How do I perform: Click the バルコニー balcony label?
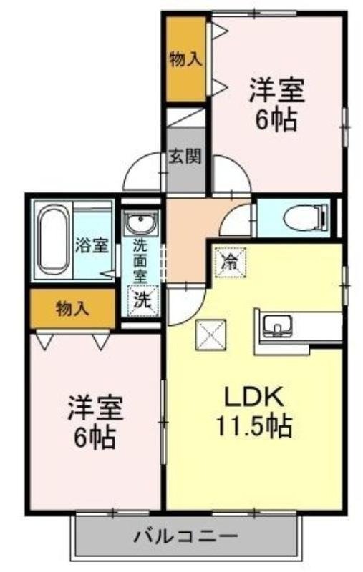pyautogui.click(x=185, y=536)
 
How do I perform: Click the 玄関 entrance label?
pyautogui.click(x=185, y=157)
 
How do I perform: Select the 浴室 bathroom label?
pyautogui.click(x=92, y=245)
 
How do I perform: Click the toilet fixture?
pyautogui.click(x=306, y=217)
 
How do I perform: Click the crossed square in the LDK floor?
pyautogui.click(x=210, y=334)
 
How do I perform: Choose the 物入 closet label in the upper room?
pyautogui.click(x=185, y=59)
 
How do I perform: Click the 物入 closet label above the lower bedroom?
pyautogui.click(x=72, y=309)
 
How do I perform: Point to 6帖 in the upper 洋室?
pyautogui.click(x=276, y=120)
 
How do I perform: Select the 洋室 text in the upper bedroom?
pyautogui.click(x=277, y=92)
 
